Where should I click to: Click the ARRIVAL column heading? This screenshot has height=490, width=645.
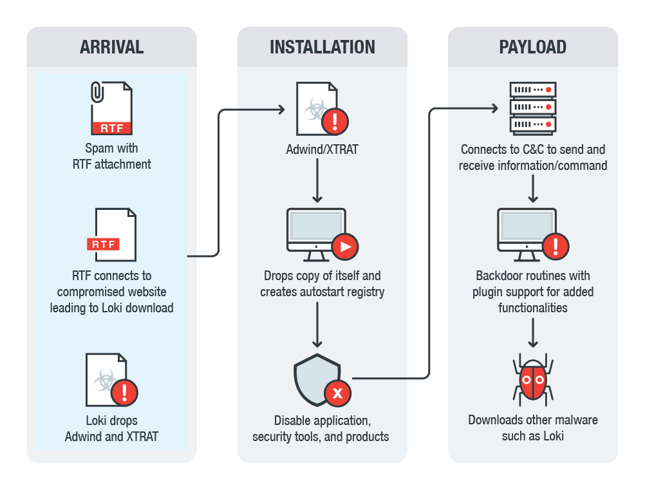[111, 47]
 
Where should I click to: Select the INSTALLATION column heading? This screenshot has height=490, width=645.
[322, 47]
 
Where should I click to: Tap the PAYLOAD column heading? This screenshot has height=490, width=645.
[532, 47]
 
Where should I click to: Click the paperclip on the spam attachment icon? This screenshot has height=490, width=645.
[97, 91]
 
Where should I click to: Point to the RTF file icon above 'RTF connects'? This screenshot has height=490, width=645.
[112, 234]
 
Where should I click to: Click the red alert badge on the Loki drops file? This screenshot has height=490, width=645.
[125, 391]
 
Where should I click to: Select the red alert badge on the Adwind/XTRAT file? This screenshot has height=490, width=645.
[335, 120]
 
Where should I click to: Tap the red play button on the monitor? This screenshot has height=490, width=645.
[345, 246]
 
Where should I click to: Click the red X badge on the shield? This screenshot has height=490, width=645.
[337, 393]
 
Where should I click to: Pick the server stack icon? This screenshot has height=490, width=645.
[532, 107]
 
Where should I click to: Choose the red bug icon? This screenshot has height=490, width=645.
[532, 380]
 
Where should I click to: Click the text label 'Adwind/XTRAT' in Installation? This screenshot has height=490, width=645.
[322, 149]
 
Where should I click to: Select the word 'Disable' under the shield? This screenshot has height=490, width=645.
[294, 421]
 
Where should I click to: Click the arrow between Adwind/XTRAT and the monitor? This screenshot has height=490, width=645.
[317, 180]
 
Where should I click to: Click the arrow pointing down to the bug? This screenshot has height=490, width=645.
[532, 334]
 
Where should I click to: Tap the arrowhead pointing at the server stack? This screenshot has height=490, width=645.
[494, 109]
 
